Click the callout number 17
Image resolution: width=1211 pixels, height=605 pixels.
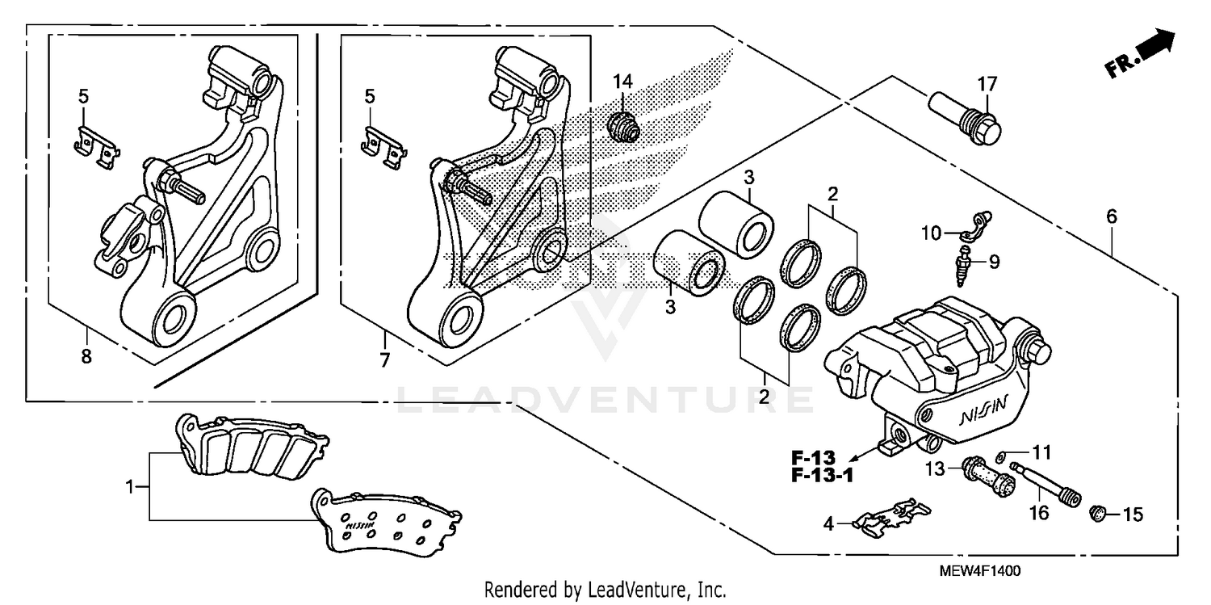(987, 83)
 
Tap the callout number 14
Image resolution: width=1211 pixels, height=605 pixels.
(622, 81)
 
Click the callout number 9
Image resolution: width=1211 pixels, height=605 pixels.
(994, 261)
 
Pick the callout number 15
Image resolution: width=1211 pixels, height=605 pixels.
(1133, 514)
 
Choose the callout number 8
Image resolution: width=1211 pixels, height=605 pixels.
(86, 355)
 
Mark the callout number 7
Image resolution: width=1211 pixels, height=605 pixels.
(383, 359)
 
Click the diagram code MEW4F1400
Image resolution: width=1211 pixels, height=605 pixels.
(980, 571)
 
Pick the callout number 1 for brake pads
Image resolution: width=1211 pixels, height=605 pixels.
(129, 487)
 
